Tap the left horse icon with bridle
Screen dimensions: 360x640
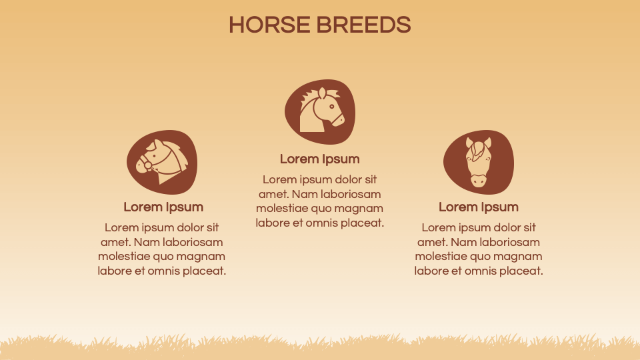click(x=163, y=162)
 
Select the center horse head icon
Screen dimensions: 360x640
click(x=320, y=111)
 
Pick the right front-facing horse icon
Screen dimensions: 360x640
click(x=479, y=162)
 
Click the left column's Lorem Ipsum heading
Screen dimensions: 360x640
click(x=163, y=207)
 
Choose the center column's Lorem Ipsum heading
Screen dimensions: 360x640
click(x=320, y=159)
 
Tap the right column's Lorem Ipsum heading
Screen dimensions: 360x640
click(x=479, y=207)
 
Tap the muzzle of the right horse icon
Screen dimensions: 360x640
click(x=479, y=180)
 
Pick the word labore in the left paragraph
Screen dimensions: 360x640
click(x=115, y=271)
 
